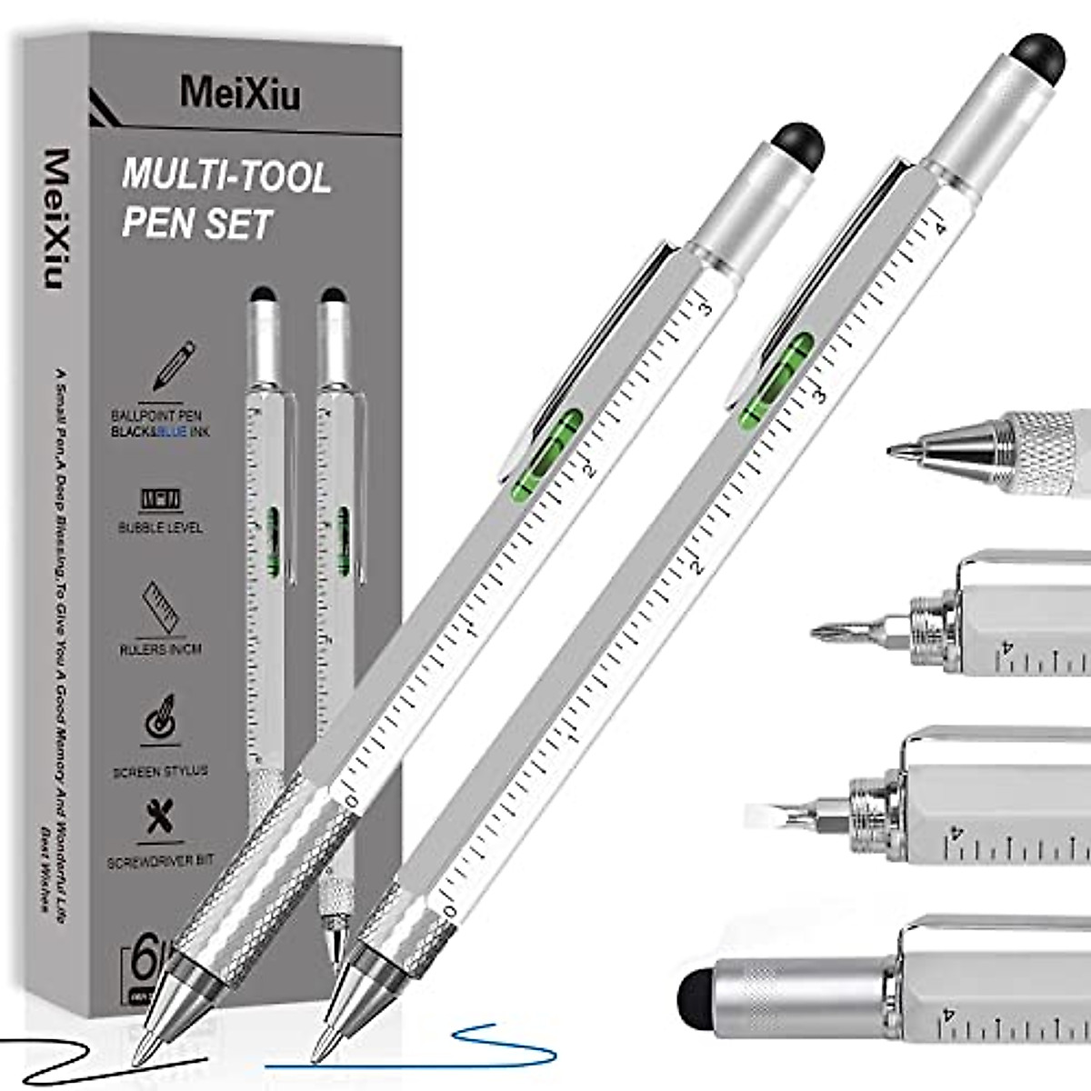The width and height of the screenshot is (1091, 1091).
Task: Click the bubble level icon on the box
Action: [x=161, y=499]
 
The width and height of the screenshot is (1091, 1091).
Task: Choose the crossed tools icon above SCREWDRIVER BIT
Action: [x=161, y=817]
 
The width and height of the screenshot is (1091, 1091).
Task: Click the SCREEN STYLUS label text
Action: [x=160, y=771]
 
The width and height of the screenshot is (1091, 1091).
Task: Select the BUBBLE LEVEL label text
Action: [x=160, y=527]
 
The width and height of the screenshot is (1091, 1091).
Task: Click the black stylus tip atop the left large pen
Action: [x=799, y=145]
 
